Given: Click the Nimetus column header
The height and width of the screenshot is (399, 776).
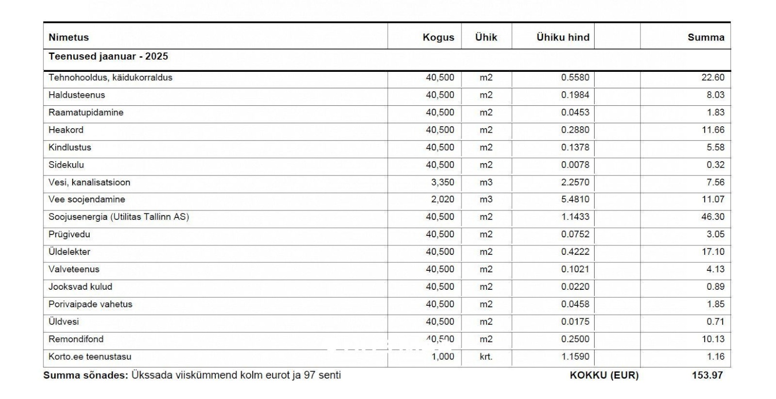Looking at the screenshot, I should click(69, 37).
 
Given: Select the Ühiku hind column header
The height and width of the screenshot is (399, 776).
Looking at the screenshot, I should click(563, 37).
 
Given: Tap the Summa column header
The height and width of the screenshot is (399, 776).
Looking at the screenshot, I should click(706, 37).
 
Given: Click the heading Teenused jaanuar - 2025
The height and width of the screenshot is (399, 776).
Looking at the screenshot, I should click(108, 56).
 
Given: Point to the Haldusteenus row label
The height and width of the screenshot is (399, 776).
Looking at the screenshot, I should click(77, 95).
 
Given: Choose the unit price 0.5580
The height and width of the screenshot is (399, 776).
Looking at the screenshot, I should click(575, 78).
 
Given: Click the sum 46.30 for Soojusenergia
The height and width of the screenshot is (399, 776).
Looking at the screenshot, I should click(713, 217).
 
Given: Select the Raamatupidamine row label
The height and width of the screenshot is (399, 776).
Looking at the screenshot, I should click(86, 113).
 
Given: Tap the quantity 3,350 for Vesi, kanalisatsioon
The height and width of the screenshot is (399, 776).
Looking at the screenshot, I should click(443, 183).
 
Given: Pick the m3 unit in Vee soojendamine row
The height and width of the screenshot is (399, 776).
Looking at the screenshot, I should click(486, 199).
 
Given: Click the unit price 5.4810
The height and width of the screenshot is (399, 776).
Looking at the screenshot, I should click(575, 199).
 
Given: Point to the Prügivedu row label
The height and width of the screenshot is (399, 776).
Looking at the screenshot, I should click(69, 234).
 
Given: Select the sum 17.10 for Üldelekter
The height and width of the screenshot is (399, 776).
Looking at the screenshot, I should click(713, 252).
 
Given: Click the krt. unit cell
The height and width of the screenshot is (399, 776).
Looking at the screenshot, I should click(486, 357).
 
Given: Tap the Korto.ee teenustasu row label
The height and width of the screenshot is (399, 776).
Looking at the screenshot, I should click(90, 357).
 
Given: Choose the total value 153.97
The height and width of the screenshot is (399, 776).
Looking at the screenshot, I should click(707, 376).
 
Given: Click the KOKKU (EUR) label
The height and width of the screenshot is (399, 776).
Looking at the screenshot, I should click(604, 376).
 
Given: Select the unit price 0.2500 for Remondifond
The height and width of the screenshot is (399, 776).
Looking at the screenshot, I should click(575, 339).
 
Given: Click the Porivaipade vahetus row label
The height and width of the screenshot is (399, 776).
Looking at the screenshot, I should click(90, 304).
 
